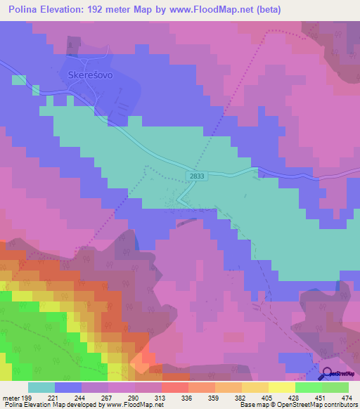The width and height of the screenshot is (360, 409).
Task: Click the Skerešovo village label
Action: [x=89, y=74]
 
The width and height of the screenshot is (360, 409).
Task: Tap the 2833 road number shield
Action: [x=198, y=177]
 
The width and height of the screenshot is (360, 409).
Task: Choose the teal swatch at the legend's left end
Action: [x=41, y=387]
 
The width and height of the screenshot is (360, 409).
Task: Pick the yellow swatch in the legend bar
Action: [x=281, y=387]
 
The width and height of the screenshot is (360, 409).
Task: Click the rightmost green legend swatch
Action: [x=335, y=387]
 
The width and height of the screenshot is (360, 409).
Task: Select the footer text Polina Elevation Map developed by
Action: [x=51, y=405]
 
